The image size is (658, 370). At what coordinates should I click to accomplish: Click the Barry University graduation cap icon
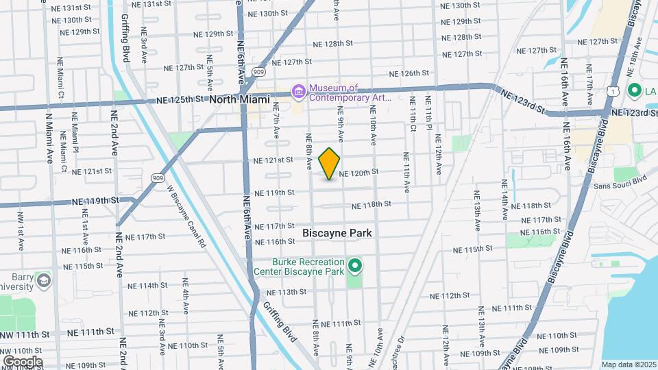(44, 280)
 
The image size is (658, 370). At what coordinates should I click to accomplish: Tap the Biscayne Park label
(337, 233)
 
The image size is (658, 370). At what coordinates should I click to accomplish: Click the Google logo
(23, 361)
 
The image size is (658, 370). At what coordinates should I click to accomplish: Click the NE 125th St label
(180, 99)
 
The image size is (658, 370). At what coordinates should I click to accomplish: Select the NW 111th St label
(25, 334)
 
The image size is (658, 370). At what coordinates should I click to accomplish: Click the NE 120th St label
(358, 173)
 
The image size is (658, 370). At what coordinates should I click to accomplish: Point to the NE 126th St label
(409, 73)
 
